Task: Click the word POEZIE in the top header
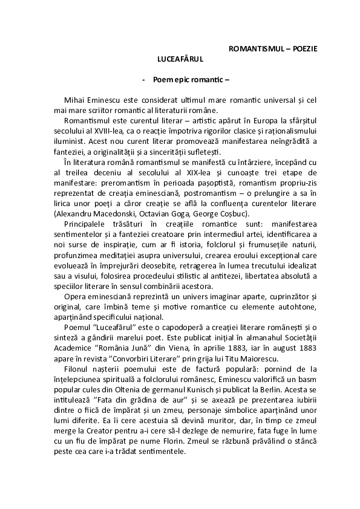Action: coord(301,47)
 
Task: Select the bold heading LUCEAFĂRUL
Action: coord(180,60)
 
